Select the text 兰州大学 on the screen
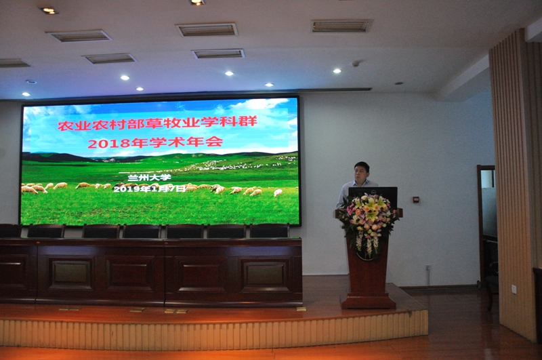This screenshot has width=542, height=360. tap(149, 178)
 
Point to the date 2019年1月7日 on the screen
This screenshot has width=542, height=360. tap(150, 189)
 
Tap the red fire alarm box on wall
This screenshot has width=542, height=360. tap(415, 199)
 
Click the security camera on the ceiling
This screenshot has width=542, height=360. tap(355, 64)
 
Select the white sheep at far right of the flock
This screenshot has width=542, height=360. tap(278, 193)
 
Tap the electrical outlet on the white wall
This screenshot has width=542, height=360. tap(428, 268)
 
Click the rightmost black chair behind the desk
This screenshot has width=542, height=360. tap(270, 231)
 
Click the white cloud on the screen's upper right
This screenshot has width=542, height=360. tap(259, 104)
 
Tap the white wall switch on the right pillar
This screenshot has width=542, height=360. tap(514, 289)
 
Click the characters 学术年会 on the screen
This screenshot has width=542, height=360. tap(186, 142)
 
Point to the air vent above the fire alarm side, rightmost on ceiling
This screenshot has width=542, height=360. tap(341, 26)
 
